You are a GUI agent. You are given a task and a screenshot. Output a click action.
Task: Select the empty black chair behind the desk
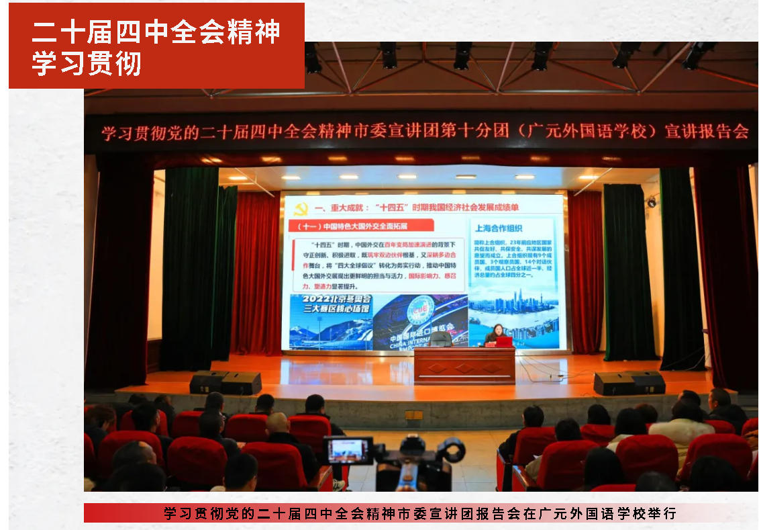click(x=440, y=339)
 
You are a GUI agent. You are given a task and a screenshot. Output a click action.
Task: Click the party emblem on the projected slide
click(x=301, y=210)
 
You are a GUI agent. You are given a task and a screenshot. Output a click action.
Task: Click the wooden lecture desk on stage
click(x=464, y=365)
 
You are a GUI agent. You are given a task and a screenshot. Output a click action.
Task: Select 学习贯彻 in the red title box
click(x=87, y=63)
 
